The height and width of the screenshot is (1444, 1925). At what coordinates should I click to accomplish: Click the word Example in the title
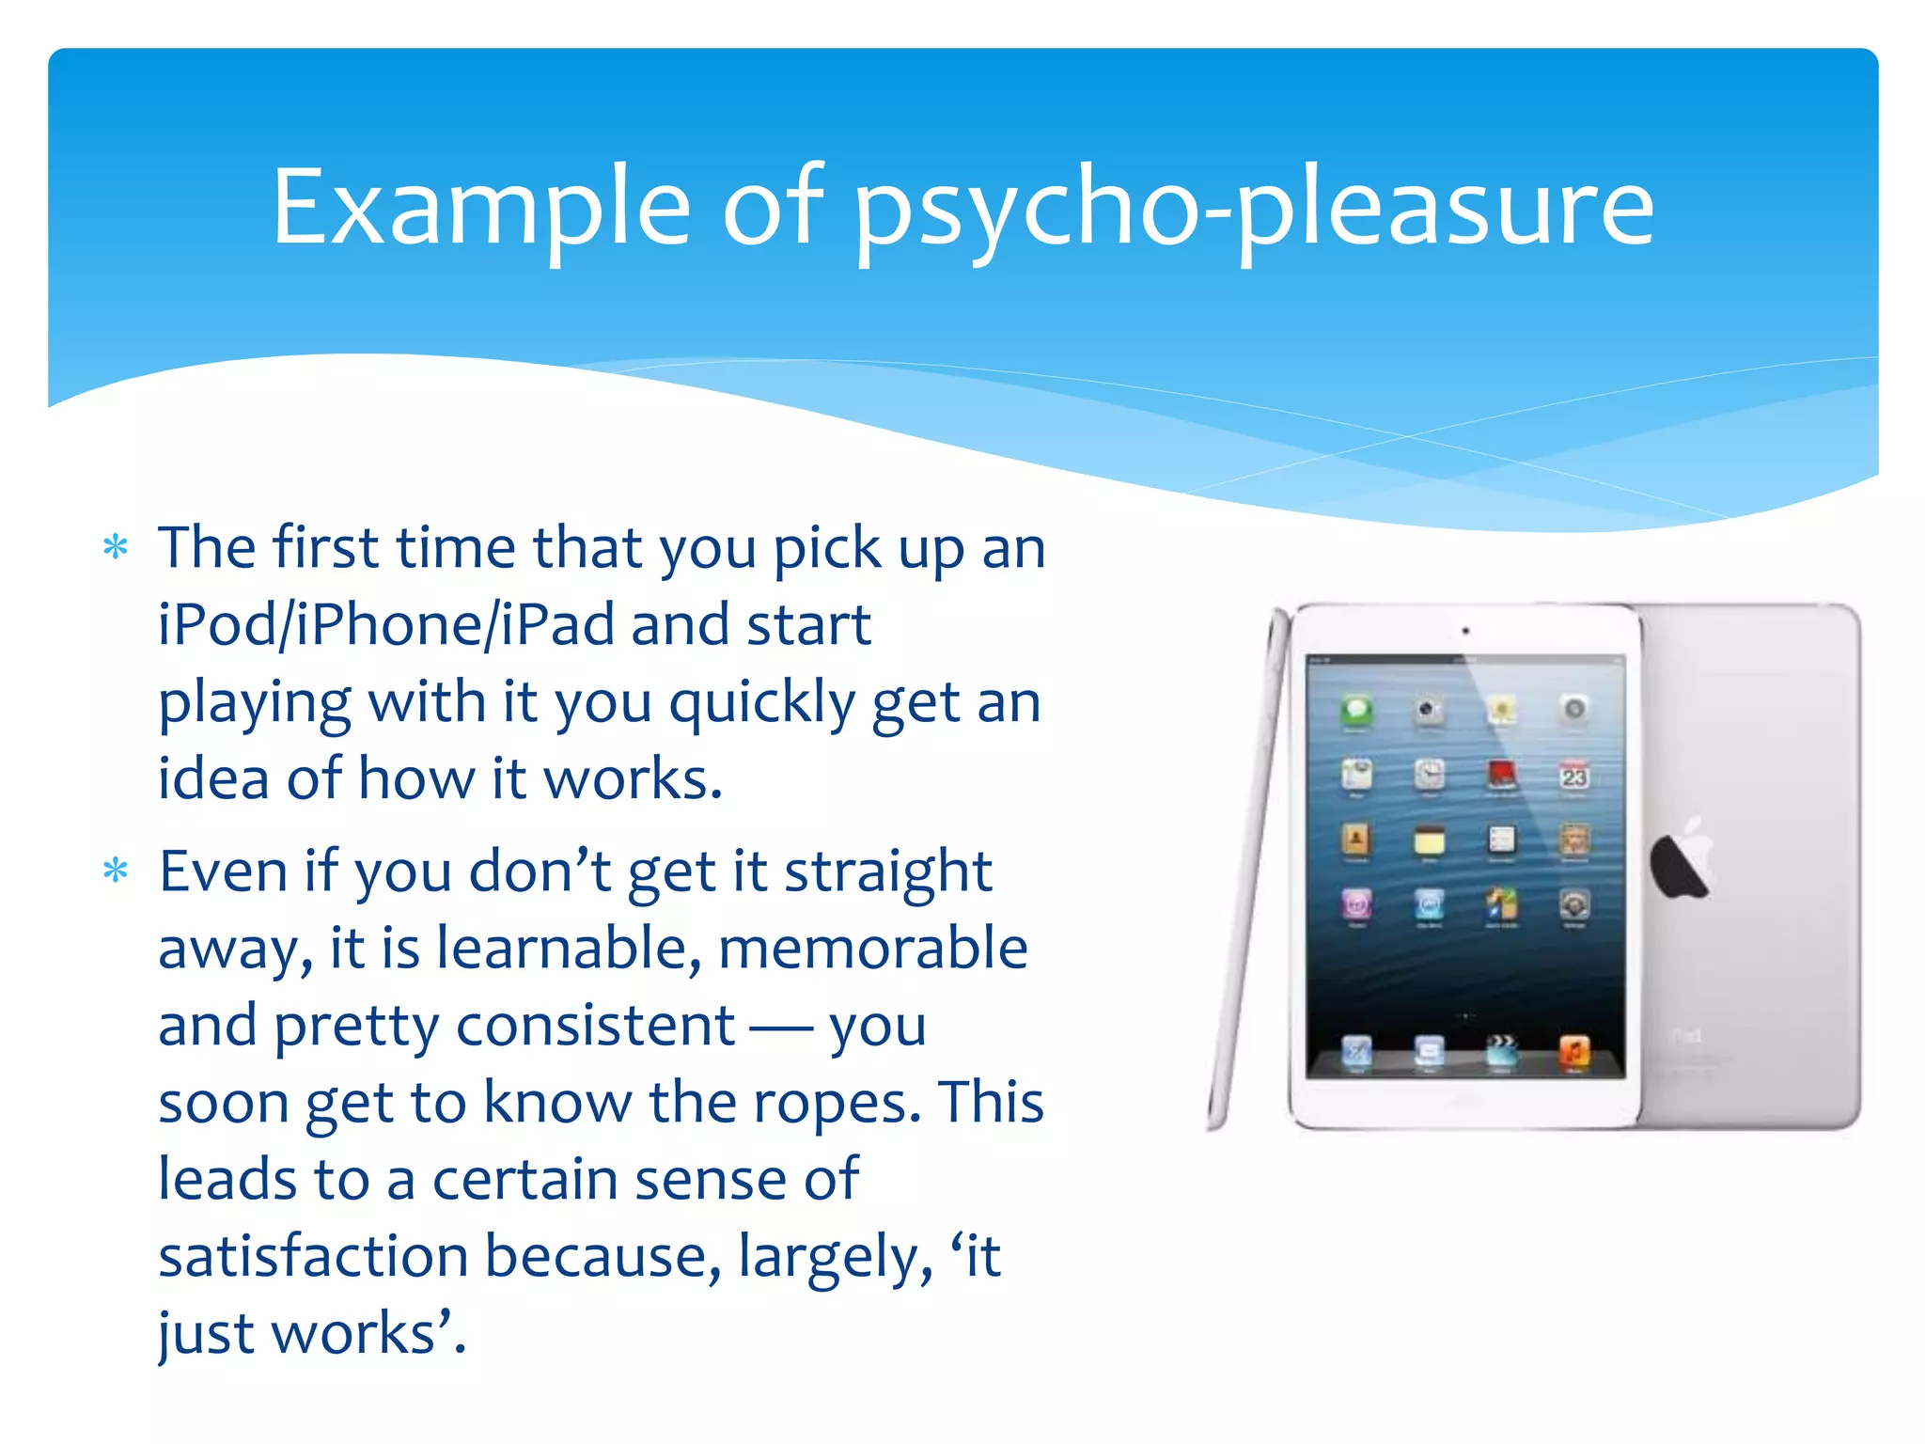[480, 207]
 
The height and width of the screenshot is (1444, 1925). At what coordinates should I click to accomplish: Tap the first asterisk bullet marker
[116, 547]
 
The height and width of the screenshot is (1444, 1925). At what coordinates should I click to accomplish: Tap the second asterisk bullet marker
[116, 871]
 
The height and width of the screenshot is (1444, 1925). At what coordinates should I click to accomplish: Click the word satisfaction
[313, 1256]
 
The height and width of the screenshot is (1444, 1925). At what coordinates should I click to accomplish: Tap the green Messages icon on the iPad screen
[1356, 711]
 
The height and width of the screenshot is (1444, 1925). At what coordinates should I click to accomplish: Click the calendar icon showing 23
[1574, 777]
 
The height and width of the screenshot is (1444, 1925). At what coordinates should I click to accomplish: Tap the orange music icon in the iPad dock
[1574, 1050]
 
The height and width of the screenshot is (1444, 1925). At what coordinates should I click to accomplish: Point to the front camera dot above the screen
[1465, 632]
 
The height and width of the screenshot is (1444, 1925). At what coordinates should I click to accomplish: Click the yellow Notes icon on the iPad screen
[1429, 840]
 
